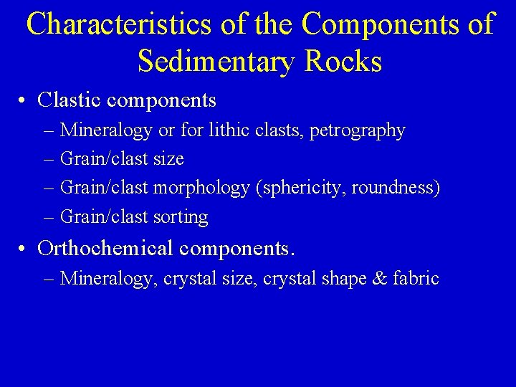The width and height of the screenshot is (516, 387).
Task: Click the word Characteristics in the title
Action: [x=119, y=24]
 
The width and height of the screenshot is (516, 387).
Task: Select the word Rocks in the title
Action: [x=343, y=61]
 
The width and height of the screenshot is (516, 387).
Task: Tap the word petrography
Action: [x=357, y=131]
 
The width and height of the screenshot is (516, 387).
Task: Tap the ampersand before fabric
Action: [x=380, y=278]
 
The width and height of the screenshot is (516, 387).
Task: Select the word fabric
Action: [x=416, y=278]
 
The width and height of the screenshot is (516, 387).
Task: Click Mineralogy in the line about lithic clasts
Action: [x=106, y=131]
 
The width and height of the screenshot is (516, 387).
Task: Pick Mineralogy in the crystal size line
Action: [x=108, y=279]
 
